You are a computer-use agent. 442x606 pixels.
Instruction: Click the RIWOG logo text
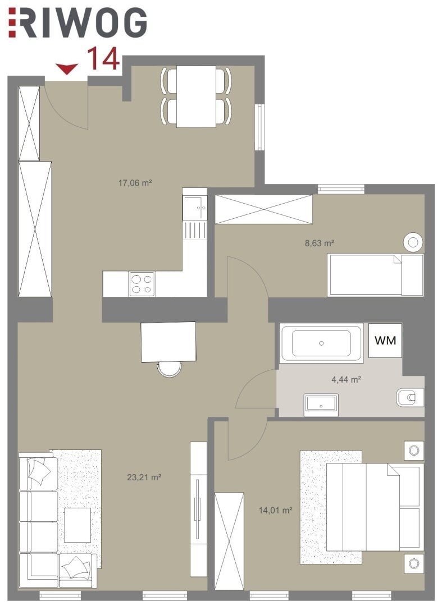[x=78, y=23]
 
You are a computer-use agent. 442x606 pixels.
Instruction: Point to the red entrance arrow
[x=67, y=69]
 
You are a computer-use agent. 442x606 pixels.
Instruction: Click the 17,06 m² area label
[x=135, y=183]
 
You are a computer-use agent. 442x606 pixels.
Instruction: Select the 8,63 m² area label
[x=320, y=243]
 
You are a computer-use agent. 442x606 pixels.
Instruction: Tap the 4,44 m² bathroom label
[x=346, y=379]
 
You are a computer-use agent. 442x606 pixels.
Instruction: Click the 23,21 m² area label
[x=144, y=478]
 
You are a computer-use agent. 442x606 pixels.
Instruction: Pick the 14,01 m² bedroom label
[x=275, y=511]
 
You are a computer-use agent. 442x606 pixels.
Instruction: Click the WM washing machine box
[x=385, y=341]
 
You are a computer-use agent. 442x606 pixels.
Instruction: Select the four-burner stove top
[x=142, y=284]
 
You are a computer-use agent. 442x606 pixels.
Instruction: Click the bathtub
[x=321, y=343]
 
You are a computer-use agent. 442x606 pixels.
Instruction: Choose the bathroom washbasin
[x=321, y=405]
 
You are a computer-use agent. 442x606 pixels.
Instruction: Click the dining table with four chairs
[x=196, y=97]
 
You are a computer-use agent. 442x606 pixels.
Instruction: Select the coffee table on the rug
[x=78, y=525]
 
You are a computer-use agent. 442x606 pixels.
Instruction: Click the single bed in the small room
[x=376, y=275]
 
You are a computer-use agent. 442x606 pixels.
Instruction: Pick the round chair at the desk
[x=170, y=369]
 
